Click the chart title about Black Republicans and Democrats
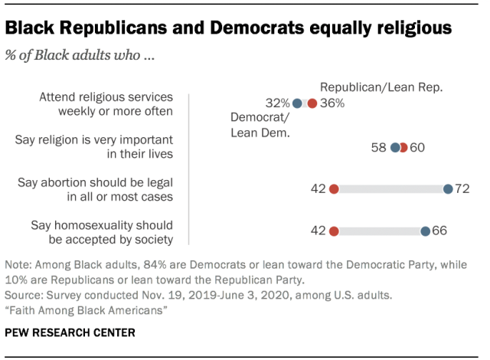pos(227,28)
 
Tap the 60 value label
pos(417,147)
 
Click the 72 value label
pos(462,189)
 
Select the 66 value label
pos(438,230)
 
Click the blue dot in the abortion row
pos(448,189)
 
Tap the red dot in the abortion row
pos(334,189)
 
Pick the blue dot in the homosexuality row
pos(424,230)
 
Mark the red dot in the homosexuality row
pos(334,230)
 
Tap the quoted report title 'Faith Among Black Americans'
pos(87,309)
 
